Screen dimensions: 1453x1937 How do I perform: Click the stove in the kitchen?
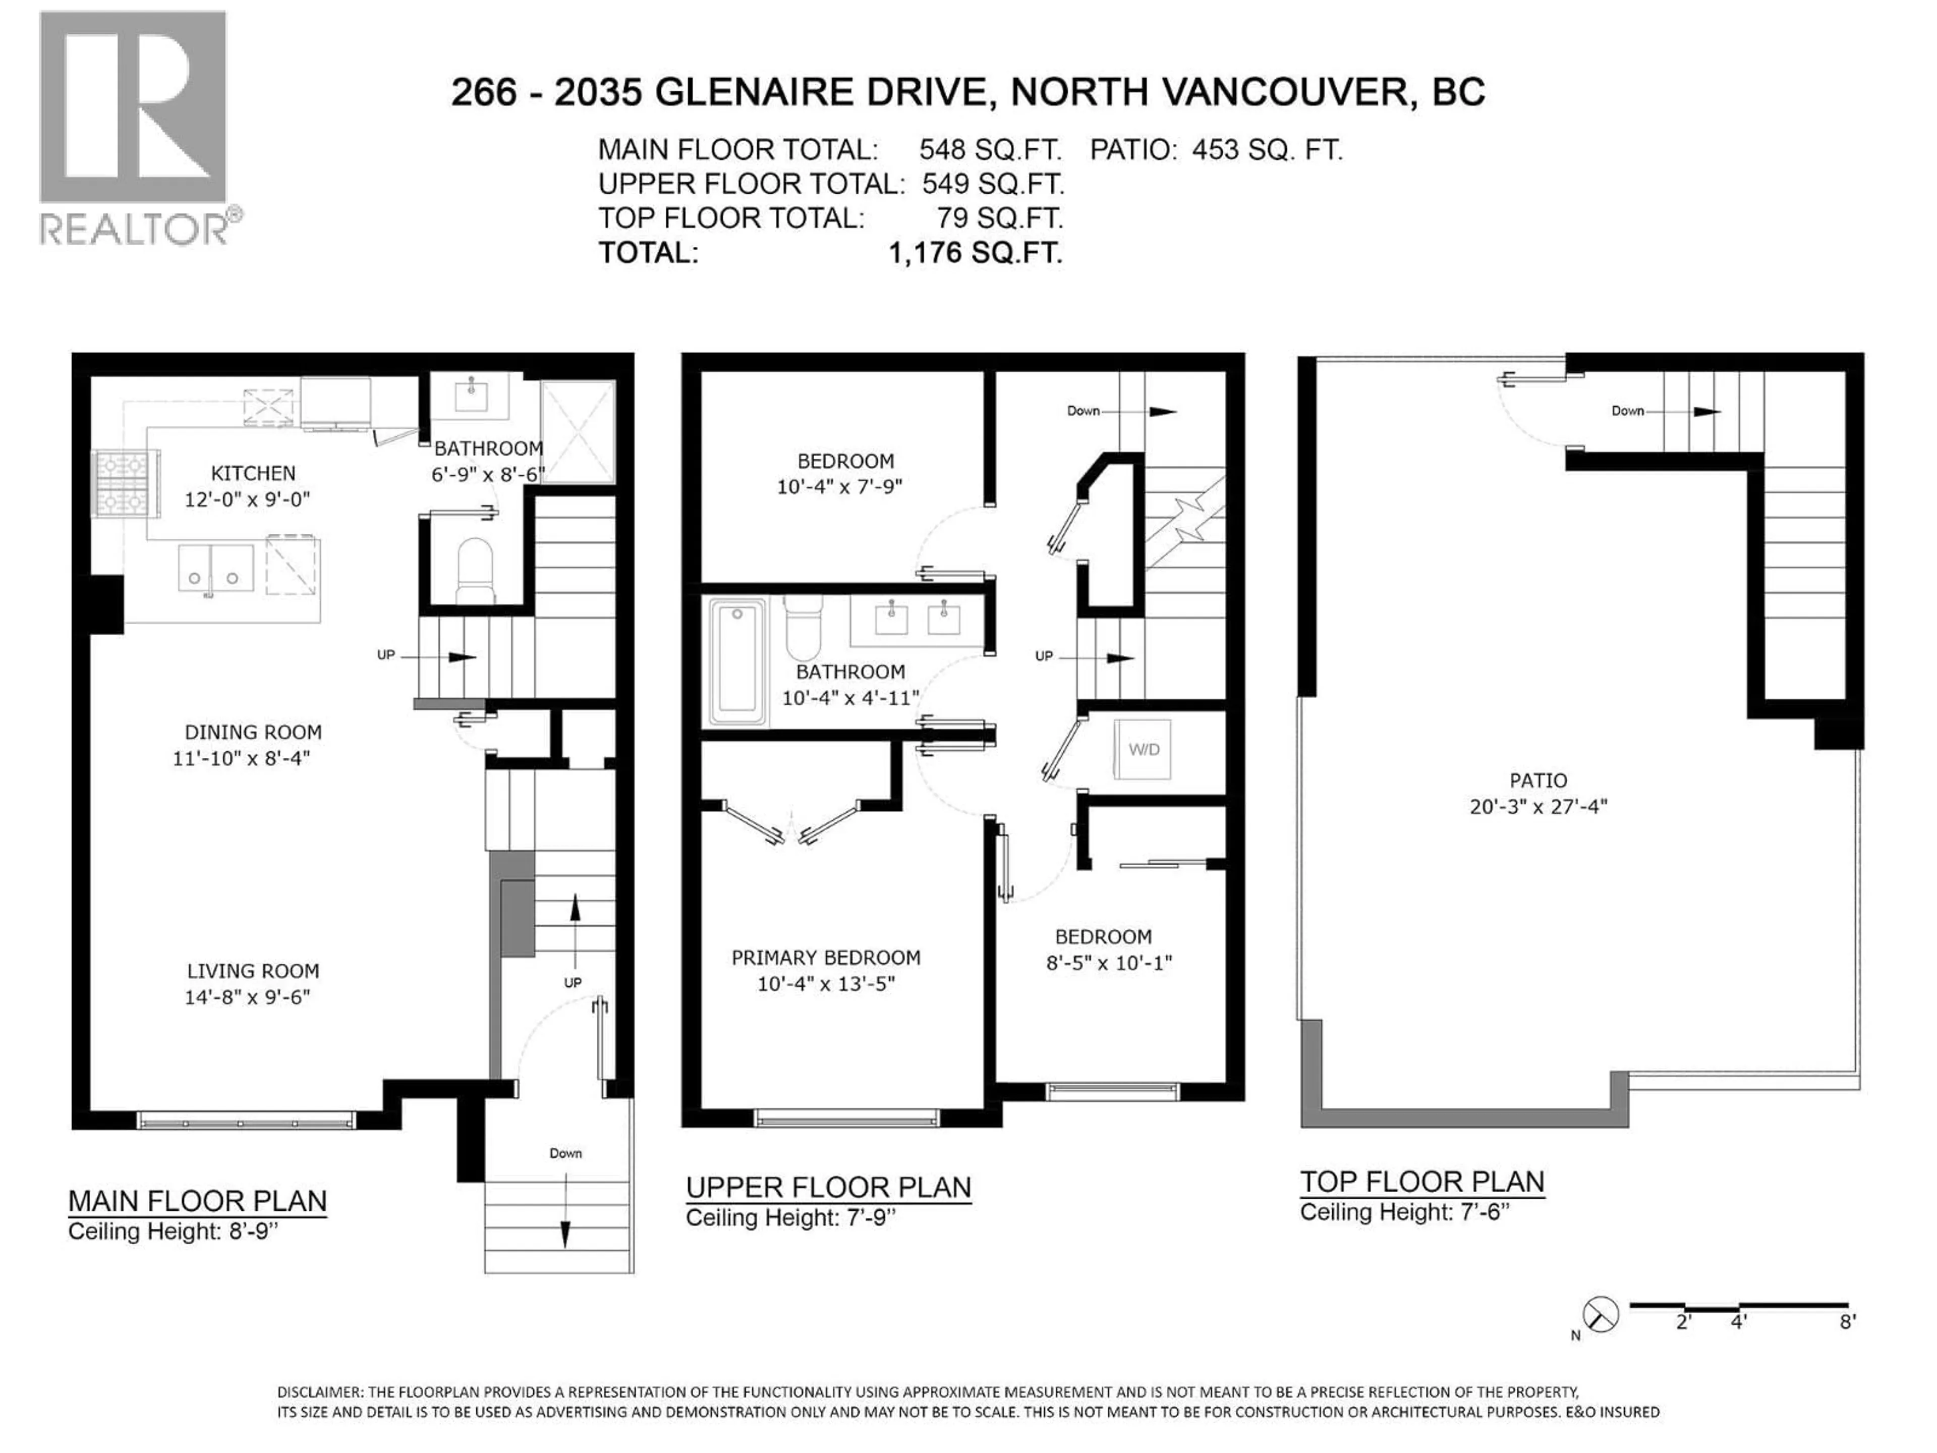pyautogui.click(x=126, y=484)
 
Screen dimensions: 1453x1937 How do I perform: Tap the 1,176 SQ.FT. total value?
pyautogui.click(x=976, y=254)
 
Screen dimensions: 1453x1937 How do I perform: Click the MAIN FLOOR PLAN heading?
pyautogui.click(x=197, y=1201)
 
